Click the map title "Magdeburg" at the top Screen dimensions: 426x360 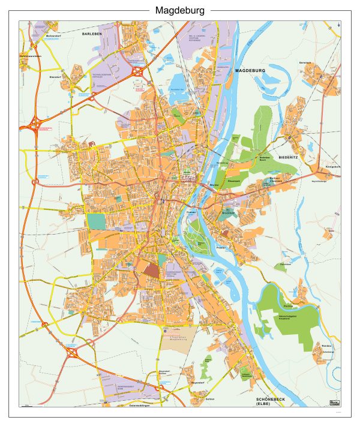180,10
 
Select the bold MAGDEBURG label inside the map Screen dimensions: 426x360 250,71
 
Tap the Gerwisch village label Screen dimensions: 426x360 306,62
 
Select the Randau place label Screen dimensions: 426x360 326,346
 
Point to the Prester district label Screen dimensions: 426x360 221,247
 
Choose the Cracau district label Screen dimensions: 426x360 191,212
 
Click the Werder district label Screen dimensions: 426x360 214,185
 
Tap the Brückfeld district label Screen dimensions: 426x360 227,213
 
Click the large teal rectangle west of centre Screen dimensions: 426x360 95,221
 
